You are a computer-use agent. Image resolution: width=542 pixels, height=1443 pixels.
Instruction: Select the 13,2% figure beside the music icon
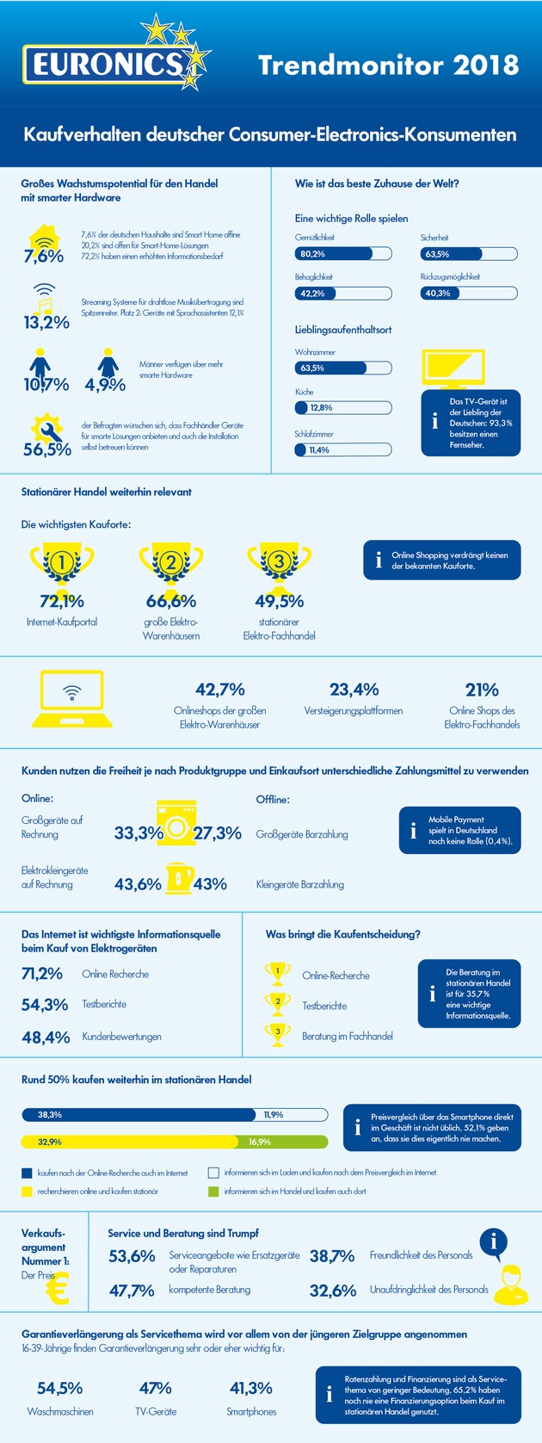coord(46,323)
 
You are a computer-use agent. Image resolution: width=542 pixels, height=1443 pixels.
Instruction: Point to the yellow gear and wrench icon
coord(46,428)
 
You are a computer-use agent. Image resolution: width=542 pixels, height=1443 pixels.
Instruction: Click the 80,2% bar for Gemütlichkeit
coord(343,254)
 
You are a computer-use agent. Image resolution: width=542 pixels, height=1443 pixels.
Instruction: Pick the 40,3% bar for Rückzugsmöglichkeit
coord(469,294)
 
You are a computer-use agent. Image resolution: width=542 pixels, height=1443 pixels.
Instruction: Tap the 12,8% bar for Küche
coord(343,407)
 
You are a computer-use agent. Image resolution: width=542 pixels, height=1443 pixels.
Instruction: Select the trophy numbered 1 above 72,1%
coord(61,564)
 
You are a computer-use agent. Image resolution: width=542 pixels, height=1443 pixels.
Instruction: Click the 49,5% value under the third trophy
coord(279,601)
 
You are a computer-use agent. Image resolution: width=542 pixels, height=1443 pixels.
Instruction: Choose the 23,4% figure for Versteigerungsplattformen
coord(354,690)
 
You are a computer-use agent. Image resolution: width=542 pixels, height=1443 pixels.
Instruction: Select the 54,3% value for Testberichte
coord(45,1005)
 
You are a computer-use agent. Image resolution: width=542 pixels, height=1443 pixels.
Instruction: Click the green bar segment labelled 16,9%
coord(282,1142)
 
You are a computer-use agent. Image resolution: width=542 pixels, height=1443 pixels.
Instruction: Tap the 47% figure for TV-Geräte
coord(155,1388)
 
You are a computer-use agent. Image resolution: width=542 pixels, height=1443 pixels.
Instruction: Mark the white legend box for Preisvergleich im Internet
coord(214,1172)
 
